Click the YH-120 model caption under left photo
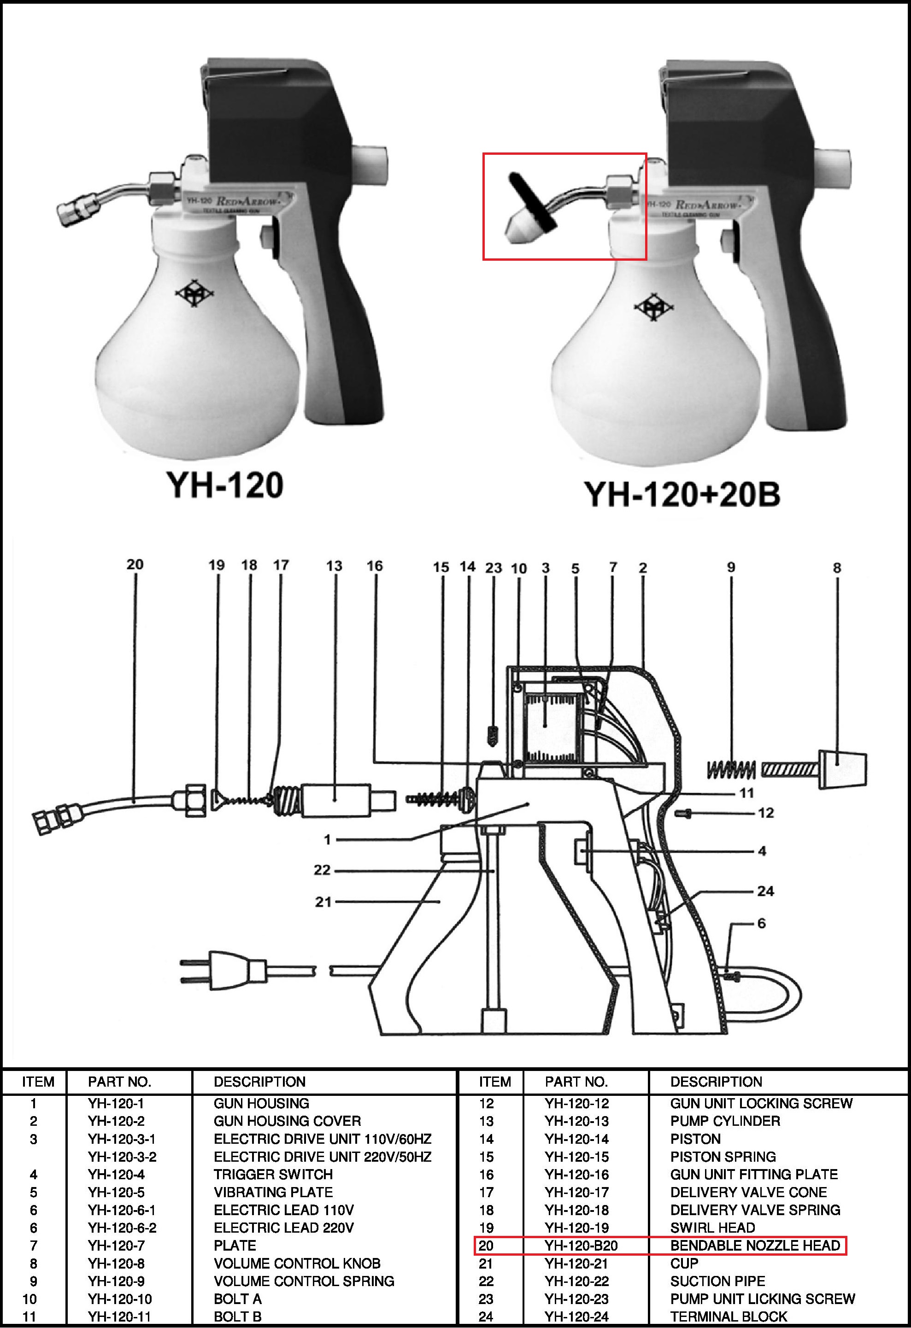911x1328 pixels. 224,485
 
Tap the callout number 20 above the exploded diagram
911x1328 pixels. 135,564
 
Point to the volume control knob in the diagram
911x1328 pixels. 843,770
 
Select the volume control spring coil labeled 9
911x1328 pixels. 731,770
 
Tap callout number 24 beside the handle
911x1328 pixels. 765,891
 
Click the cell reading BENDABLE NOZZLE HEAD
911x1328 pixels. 755,1245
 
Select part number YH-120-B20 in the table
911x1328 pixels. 581,1245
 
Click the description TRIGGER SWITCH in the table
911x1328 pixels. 273,1174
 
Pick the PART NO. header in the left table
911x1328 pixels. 119,1082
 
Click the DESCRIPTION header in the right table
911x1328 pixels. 716,1082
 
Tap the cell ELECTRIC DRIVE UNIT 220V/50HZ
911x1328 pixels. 323,1157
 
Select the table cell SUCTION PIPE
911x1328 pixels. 717,1281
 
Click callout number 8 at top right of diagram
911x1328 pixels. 837,567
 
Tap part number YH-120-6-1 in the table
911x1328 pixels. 122,1210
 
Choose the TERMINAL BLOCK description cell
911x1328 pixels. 729,1316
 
